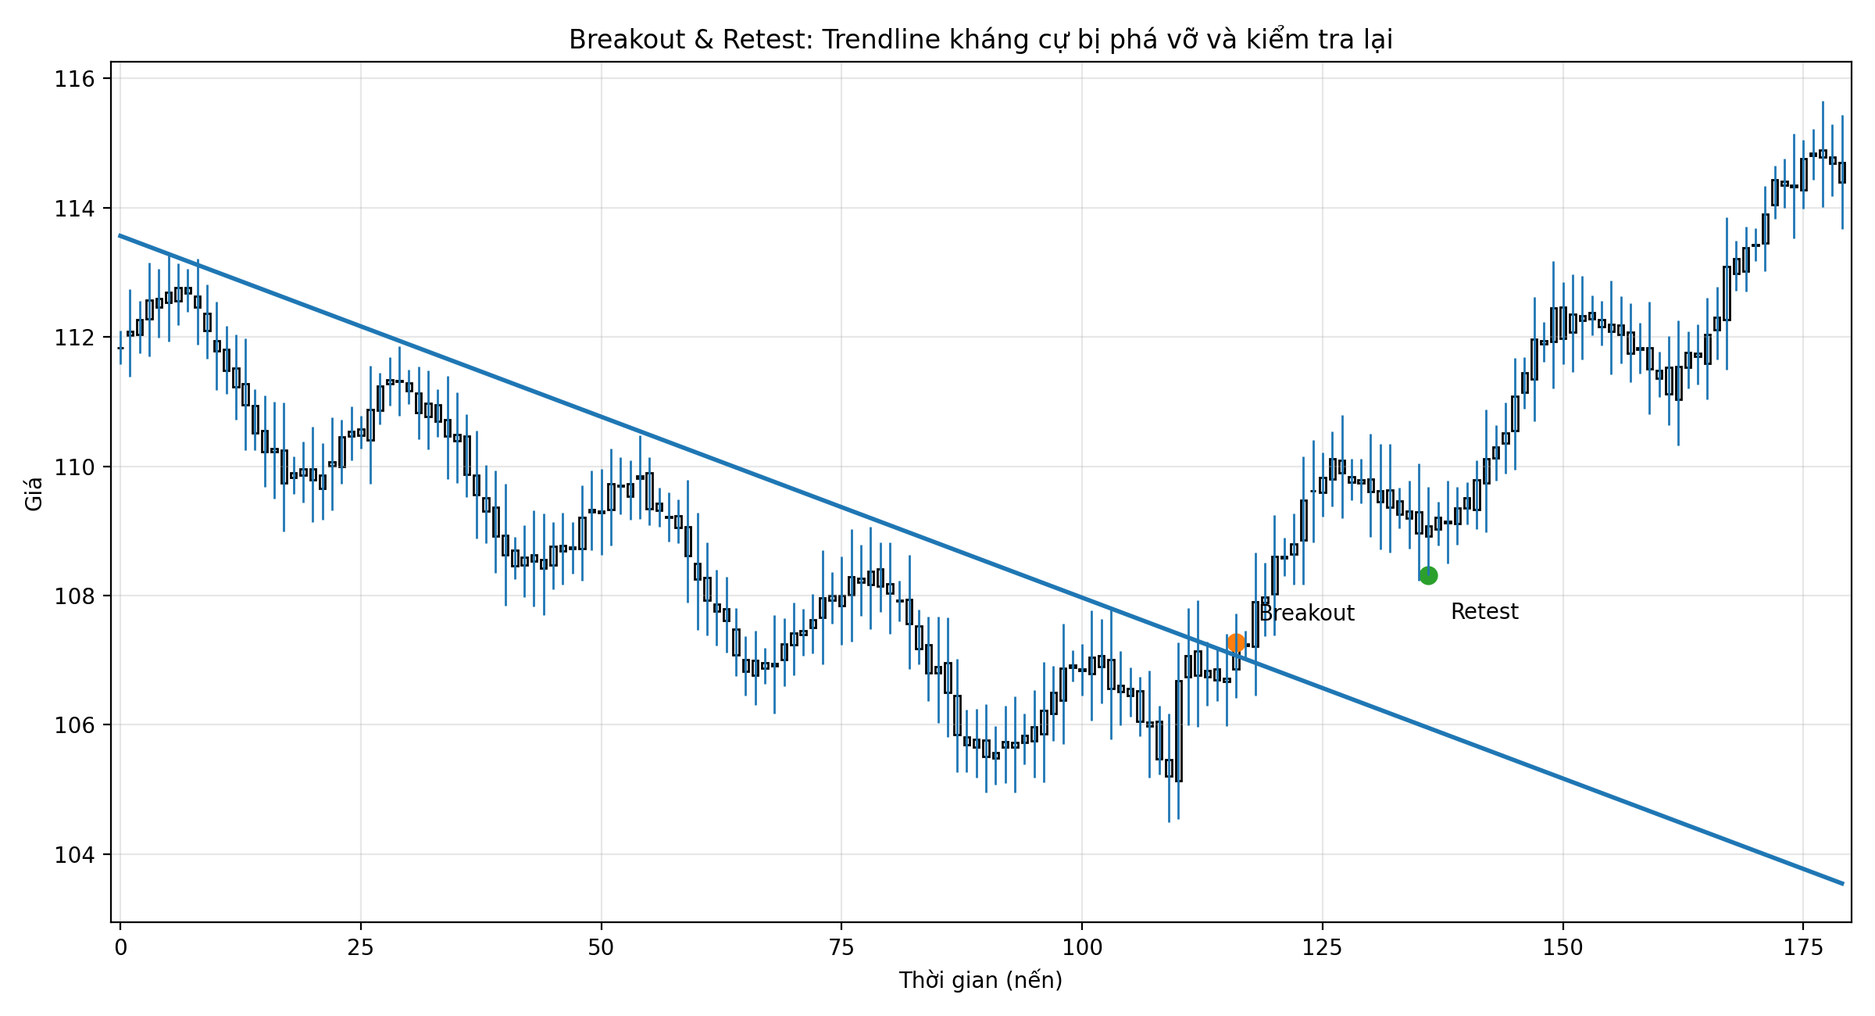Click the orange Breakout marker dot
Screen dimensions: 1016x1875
(x=1236, y=642)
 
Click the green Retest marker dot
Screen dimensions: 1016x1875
(x=1428, y=575)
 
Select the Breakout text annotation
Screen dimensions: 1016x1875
(x=1307, y=614)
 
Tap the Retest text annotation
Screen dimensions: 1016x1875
(x=1484, y=612)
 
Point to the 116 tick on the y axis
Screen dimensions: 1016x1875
(x=73, y=79)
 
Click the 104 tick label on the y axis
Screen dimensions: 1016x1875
(x=73, y=854)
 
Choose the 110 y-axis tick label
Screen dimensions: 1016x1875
(x=73, y=467)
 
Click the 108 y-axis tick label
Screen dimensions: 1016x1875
(x=73, y=596)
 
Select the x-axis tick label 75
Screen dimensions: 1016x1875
(x=841, y=948)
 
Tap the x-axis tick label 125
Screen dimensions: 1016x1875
(x=1322, y=948)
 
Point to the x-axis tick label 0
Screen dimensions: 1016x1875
(x=120, y=948)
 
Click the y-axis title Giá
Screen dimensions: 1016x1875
(x=34, y=494)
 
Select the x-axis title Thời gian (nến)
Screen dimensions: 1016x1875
(x=980, y=980)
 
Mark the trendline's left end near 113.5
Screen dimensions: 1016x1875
(x=120, y=235)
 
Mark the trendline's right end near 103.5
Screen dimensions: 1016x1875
(x=1842, y=883)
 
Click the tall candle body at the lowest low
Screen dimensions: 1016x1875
(x=1178, y=731)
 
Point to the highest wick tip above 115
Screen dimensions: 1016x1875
(x=1823, y=102)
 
